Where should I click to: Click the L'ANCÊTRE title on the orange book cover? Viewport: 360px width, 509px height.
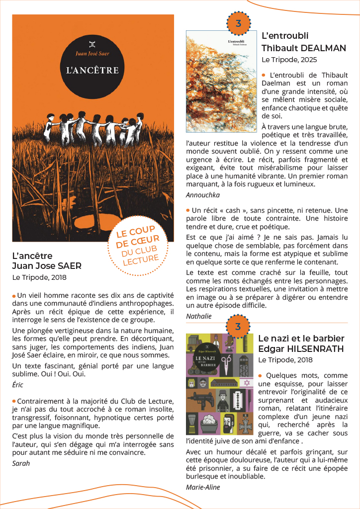click(x=92, y=70)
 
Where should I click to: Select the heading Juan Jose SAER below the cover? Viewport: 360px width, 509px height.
click(x=47, y=266)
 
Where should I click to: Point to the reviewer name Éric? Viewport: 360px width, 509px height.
click(x=17, y=385)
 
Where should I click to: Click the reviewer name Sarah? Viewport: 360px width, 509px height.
click(x=21, y=463)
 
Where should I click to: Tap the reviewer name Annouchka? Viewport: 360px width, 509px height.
click(x=203, y=195)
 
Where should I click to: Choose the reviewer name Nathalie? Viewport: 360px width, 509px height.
click(x=199, y=316)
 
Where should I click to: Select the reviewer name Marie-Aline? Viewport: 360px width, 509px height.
click(x=203, y=487)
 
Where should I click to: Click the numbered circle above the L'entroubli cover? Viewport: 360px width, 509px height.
click(x=238, y=23)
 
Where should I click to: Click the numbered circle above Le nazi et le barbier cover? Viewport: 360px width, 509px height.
click(x=238, y=327)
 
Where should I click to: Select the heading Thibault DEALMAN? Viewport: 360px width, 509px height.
click(x=304, y=48)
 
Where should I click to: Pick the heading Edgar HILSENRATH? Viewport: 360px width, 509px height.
click(x=301, y=349)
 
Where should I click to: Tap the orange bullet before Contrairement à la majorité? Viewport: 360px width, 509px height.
click(x=14, y=401)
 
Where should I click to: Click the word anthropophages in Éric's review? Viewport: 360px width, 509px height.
click(x=143, y=303)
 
